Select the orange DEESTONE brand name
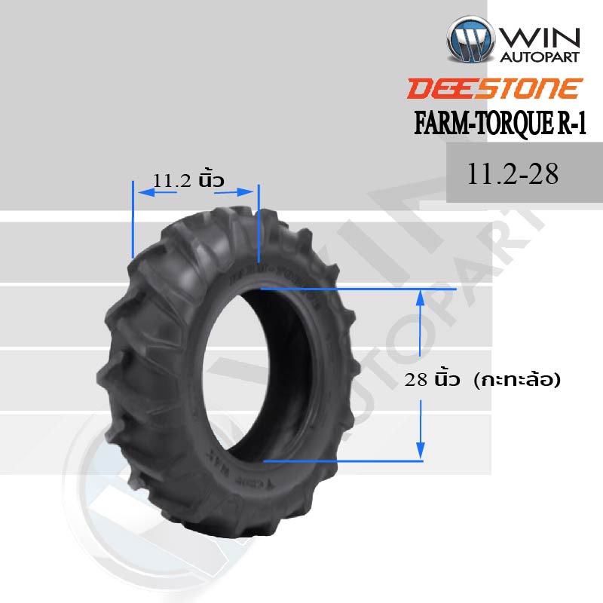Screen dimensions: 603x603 [494, 88]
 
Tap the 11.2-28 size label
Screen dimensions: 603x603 [513, 174]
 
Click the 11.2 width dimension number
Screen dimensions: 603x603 [173, 180]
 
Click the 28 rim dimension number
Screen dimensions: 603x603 [417, 381]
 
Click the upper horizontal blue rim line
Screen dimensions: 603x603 [358, 289]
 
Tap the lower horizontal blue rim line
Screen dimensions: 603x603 [343, 460]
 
